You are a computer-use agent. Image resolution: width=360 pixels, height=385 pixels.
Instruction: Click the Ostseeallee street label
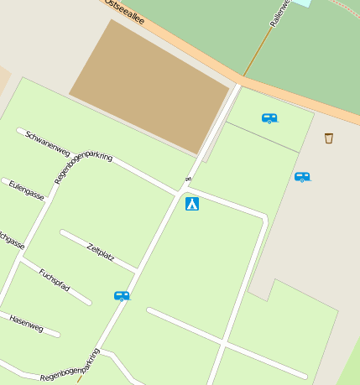pyautogui.click(x=124, y=13)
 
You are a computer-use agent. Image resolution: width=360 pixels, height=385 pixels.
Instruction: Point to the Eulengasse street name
pyautogui.click(x=26, y=190)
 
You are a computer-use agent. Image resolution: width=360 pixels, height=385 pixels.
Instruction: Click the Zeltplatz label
pyautogui.click(x=101, y=252)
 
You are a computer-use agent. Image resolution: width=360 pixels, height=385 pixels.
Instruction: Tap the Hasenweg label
pyautogui.click(x=26, y=323)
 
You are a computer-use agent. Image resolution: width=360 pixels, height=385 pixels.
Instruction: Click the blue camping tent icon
pyautogui.click(x=192, y=203)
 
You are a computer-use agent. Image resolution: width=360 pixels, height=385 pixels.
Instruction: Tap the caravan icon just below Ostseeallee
pyautogui.click(x=269, y=118)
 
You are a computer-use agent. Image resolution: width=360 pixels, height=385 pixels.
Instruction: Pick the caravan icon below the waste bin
pyautogui.click(x=302, y=177)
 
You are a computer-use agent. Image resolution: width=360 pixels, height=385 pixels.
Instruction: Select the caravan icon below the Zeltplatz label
pyautogui.click(x=122, y=295)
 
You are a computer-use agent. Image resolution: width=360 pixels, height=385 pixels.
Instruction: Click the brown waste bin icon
pyautogui.click(x=328, y=138)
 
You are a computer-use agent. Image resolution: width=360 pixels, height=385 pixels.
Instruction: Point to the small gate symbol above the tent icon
pyautogui.click(x=189, y=179)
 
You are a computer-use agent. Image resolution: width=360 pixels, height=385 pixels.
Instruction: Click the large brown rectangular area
pyautogui.click(x=149, y=86)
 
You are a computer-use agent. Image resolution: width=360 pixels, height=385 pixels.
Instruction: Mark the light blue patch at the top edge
pyautogui.click(x=302, y=3)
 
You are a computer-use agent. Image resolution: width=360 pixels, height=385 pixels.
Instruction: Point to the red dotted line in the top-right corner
pyautogui.click(x=345, y=8)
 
